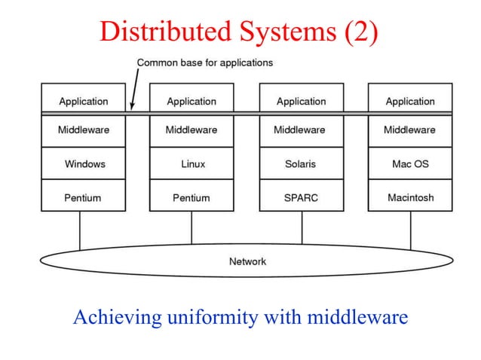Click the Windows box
pos(84,163)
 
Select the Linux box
pos(191,163)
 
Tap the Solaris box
pos(301,163)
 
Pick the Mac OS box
pos(409,163)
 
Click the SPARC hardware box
pos(301,198)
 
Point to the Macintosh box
pos(409,198)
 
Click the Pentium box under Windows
pos(84,198)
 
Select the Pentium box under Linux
pos(191,198)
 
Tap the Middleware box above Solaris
pos(301,130)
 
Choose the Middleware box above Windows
pos(84,130)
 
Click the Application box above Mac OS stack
pos(409,101)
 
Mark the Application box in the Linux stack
pos(191,101)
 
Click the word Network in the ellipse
pos(247,261)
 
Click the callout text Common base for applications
pos(204,63)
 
